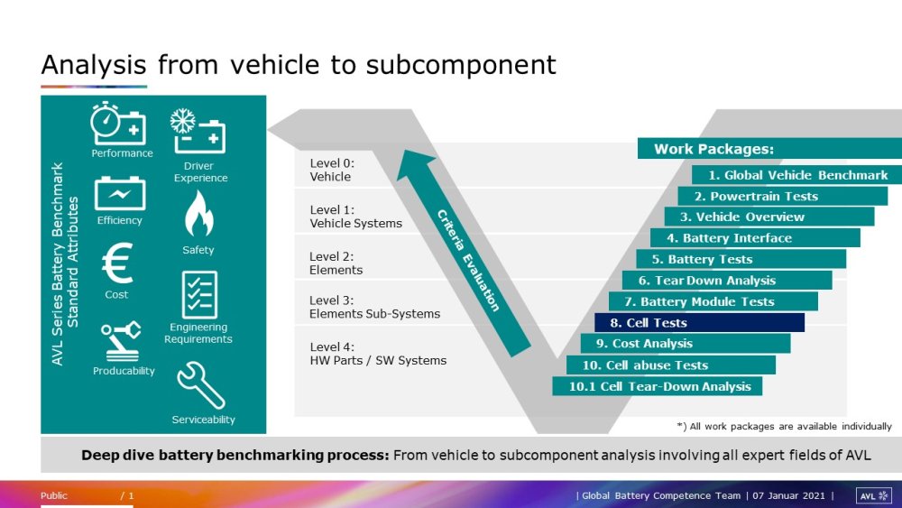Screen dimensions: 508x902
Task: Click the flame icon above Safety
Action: (198, 215)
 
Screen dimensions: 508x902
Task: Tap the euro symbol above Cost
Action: (116, 265)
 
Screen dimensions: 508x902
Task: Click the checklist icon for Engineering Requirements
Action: (199, 294)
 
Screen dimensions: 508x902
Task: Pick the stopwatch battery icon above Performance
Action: (117, 124)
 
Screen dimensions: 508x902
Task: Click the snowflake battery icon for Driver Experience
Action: (198, 132)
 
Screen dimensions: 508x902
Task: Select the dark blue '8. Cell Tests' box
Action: (699, 323)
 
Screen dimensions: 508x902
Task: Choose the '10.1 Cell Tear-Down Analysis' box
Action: (658, 386)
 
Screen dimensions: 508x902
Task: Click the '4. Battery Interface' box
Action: (755, 238)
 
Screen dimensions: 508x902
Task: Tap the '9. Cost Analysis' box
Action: (686, 344)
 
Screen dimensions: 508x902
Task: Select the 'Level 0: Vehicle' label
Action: (332, 171)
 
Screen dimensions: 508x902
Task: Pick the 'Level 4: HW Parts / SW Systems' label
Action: (377, 354)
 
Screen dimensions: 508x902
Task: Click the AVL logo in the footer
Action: (873, 495)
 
